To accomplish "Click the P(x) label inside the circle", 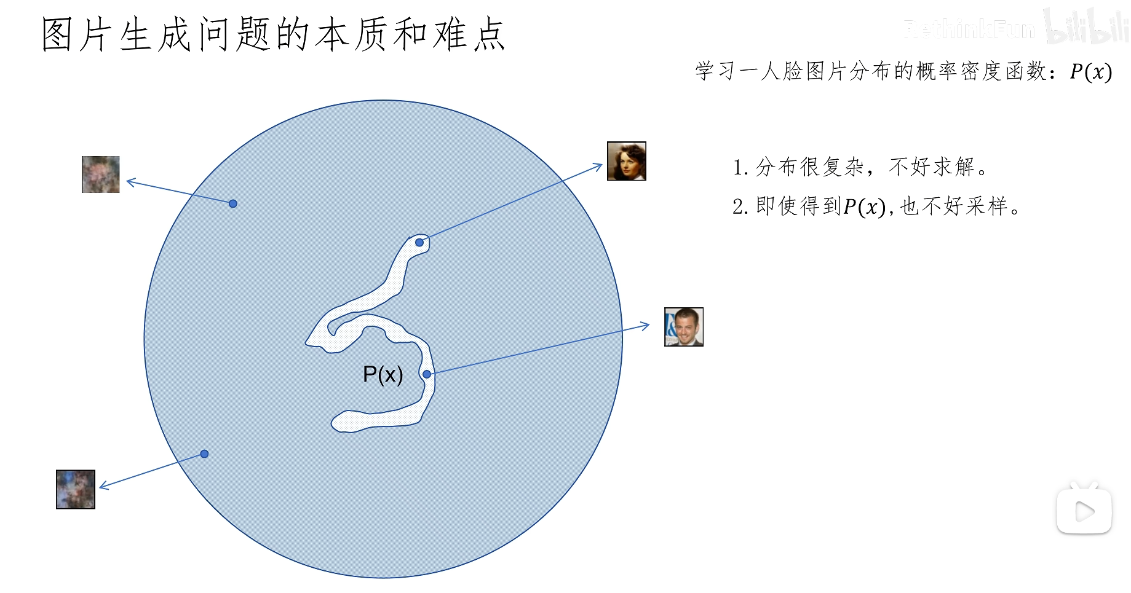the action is [x=383, y=374].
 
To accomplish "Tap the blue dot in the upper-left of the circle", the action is [x=232, y=203].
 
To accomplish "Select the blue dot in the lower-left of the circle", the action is [x=204, y=454].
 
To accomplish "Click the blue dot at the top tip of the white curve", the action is [x=419, y=243].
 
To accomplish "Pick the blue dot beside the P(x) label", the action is [x=427, y=374].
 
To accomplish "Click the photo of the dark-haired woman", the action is [x=626, y=161].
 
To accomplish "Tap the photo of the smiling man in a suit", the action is [x=683, y=327].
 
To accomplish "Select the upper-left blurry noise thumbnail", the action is [x=101, y=175].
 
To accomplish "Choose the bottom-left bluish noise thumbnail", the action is [x=76, y=489].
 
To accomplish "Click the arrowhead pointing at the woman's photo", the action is [x=598, y=166].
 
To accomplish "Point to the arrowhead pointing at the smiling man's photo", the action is [x=646, y=325].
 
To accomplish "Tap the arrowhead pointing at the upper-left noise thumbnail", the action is [x=130, y=182].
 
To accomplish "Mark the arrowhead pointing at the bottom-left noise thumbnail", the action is [x=103, y=487].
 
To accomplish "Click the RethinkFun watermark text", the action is [x=969, y=29].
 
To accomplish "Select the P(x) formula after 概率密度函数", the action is [x=1090, y=72].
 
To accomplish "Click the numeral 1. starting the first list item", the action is [x=740, y=168].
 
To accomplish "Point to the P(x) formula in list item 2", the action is [x=863, y=207].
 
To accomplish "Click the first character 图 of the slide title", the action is [x=58, y=34].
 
